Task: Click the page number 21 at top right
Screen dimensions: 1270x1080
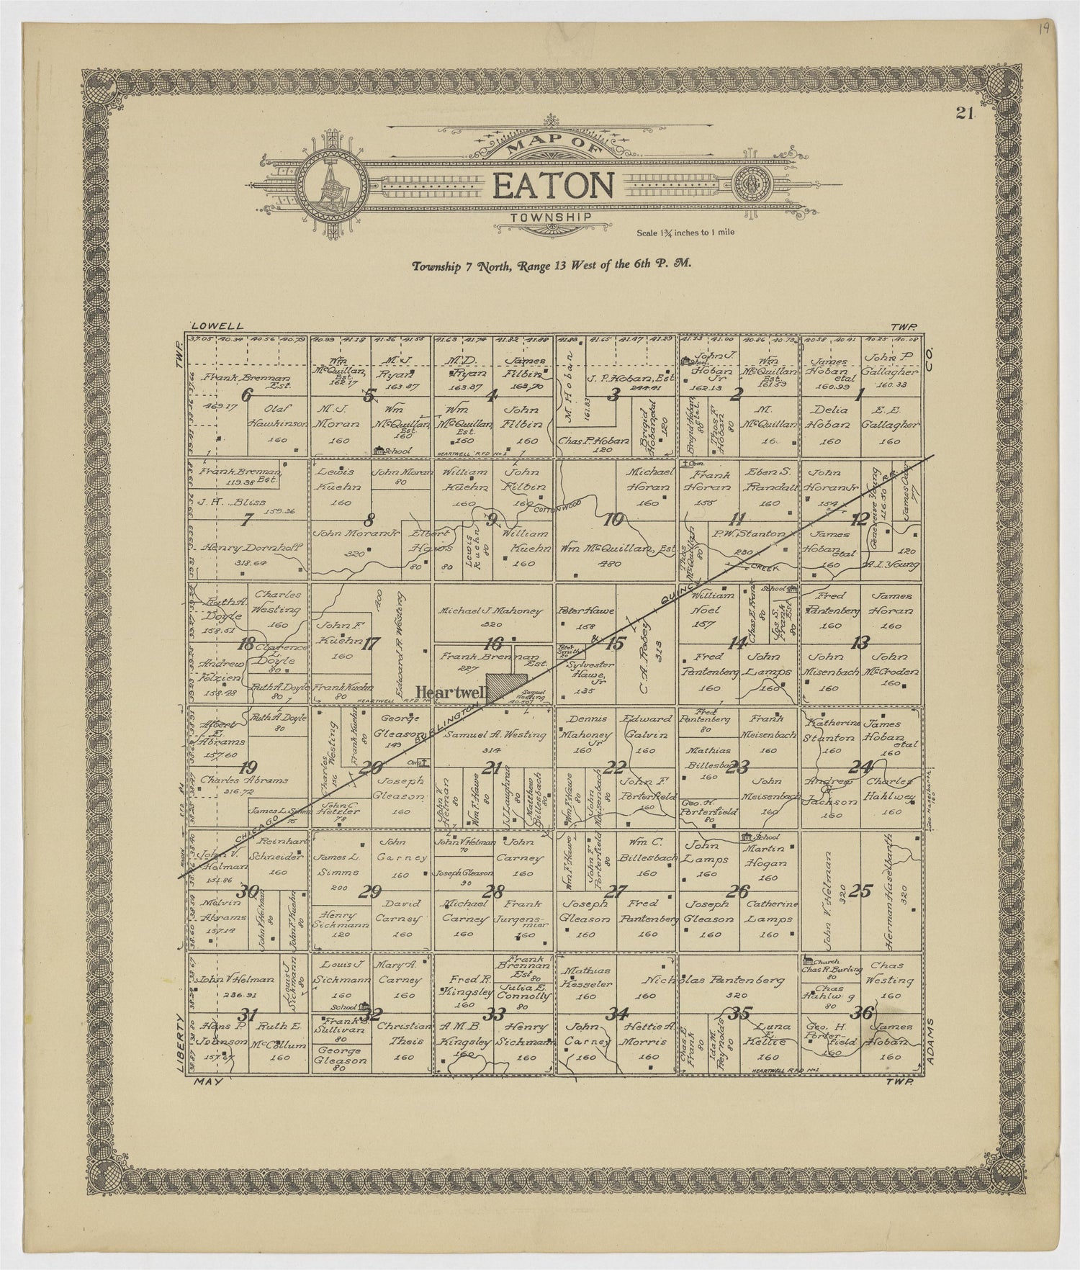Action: (x=965, y=112)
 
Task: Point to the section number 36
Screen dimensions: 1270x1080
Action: (x=861, y=1013)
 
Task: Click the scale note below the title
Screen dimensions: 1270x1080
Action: (x=685, y=233)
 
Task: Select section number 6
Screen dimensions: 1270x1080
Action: (x=248, y=395)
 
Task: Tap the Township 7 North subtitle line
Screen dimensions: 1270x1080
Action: (x=551, y=265)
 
